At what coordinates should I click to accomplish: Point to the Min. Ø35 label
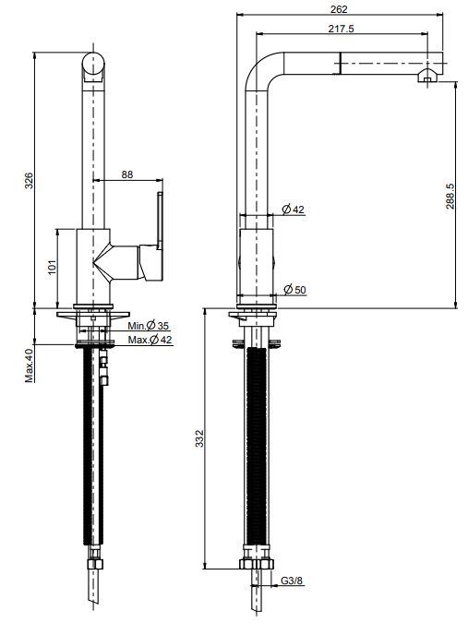[149, 327]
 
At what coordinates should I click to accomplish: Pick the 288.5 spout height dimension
[450, 197]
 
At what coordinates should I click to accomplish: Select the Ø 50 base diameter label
[294, 290]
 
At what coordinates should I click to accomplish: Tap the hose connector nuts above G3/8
[258, 566]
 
